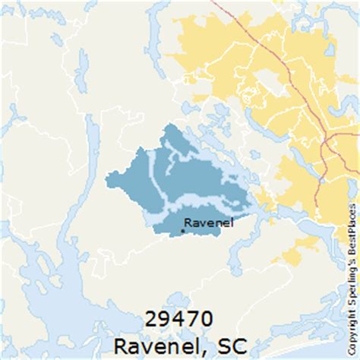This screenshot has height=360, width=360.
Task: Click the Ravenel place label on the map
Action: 209,223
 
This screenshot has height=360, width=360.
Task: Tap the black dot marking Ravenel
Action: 183,230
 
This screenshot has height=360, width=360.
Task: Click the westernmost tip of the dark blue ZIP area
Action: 107,181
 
